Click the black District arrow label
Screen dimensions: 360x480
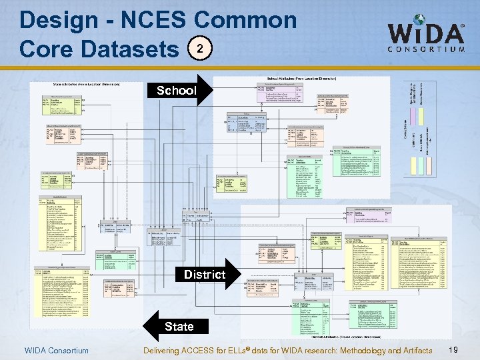point(205,274)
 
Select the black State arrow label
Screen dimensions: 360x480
point(178,326)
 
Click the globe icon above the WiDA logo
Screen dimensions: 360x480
point(419,21)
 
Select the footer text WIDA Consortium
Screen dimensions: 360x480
point(56,351)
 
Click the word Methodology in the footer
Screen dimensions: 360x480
point(350,351)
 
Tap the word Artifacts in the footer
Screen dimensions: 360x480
point(413,351)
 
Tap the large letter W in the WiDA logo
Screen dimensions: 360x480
point(403,33)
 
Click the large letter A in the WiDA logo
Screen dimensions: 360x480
point(451,33)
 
